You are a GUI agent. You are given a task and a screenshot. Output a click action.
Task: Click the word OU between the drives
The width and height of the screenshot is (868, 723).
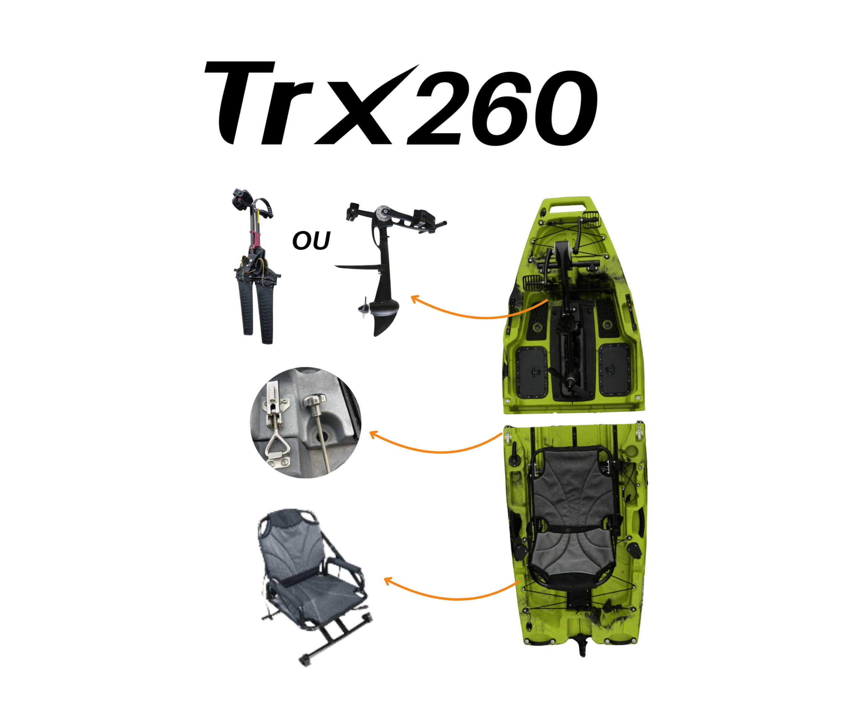coord(311,241)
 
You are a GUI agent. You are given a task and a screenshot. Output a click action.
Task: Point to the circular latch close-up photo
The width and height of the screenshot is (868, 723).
coord(306,423)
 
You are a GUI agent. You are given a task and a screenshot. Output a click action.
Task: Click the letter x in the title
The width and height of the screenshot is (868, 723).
coord(364,111)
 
